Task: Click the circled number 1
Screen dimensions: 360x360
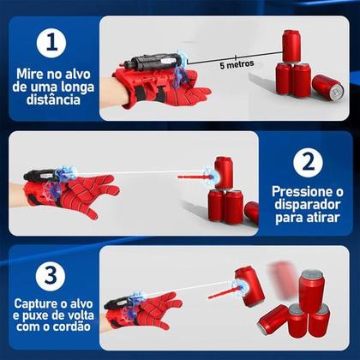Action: coord(51,42)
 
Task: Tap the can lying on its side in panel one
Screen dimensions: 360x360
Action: coord(327,84)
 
